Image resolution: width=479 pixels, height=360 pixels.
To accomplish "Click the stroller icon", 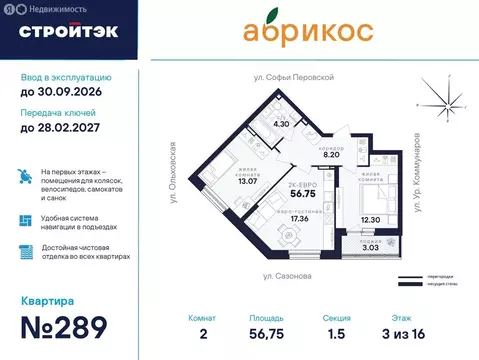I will [x=26, y=177].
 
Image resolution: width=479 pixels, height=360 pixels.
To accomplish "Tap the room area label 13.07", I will [x=219, y=181].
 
